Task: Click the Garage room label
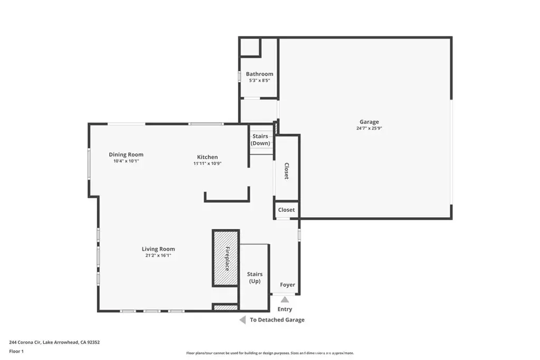point(369,122)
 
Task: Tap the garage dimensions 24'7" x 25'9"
point(369,129)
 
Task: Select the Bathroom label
point(259,74)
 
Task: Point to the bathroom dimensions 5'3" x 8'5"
point(259,81)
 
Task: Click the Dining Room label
point(126,155)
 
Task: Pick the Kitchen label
point(207,157)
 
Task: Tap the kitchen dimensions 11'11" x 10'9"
point(207,163)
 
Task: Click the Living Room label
point(158,249)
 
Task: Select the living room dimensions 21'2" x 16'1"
point(158,255)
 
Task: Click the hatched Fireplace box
point(226,258)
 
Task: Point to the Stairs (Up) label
point(255,278)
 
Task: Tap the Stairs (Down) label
point(261,140)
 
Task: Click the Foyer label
point(287,285)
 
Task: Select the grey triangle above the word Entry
point(285,300)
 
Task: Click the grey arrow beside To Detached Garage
point(243,320)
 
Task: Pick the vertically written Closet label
point(286,171)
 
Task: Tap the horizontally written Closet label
point(286,210)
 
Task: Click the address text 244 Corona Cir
point(25,343)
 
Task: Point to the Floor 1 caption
point(16,352)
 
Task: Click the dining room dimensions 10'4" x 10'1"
point(126,161)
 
